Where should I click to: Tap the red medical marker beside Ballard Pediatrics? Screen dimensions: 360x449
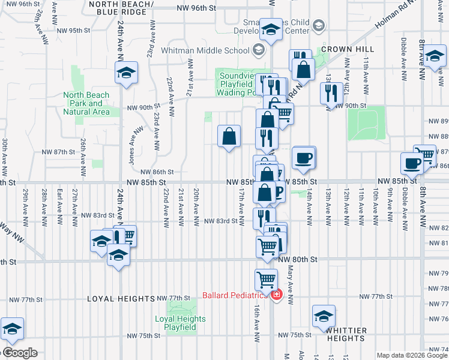276,295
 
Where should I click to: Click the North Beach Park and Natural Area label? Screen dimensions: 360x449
86,103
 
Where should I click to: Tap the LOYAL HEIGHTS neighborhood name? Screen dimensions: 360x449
121,298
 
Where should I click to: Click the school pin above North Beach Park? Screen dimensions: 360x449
126,73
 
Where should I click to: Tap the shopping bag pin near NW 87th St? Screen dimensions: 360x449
229,137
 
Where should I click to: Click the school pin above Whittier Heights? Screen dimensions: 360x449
324,316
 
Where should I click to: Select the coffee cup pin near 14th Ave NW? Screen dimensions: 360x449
304,158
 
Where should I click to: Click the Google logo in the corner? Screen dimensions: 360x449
19,353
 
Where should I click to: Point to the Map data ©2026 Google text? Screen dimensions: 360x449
412,355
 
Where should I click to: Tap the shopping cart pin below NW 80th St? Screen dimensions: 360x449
266,279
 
